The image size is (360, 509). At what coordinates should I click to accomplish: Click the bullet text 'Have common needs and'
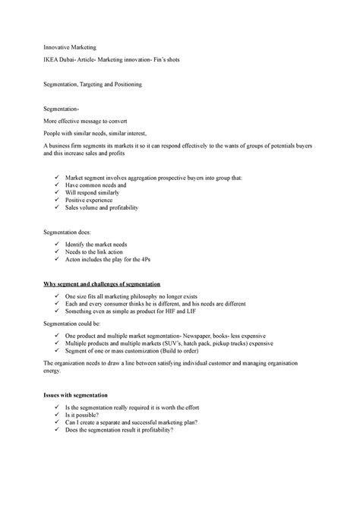95,185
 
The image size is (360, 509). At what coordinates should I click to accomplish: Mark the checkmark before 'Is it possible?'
57,416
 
